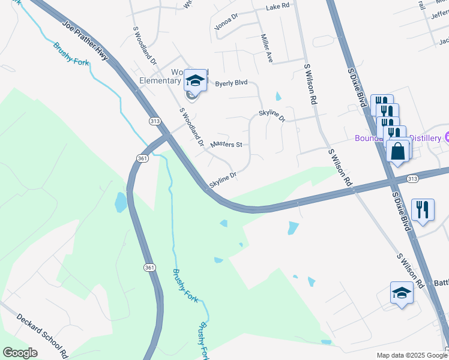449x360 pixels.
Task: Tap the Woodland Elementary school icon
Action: [194, 80]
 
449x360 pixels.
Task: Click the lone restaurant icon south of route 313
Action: [423, 209]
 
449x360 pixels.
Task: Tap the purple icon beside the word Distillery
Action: [446, 137]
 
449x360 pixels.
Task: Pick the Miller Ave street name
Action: [267, 49]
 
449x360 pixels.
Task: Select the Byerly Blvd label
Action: [231, 84]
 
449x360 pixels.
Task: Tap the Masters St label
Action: [226, 145]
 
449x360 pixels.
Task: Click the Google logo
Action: [20, 353]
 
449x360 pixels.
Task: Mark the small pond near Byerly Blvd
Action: [277, 96]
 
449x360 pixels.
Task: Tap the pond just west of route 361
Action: [121, 202]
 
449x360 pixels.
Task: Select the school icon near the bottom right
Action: [402, 293]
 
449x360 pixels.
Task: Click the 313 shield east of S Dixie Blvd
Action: [412, 179]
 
